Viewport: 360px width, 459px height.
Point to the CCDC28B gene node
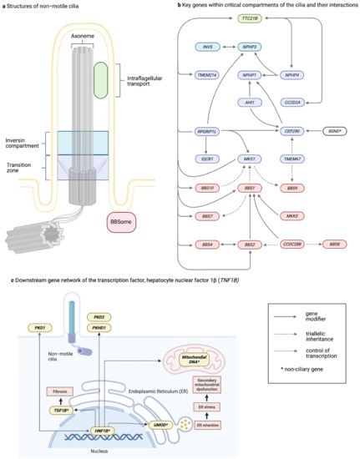(x=292, y=221)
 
